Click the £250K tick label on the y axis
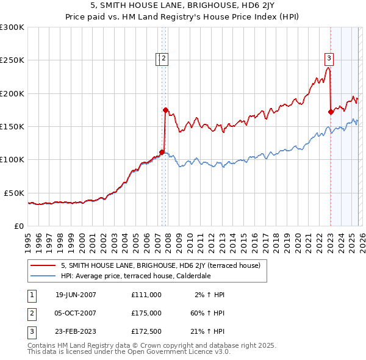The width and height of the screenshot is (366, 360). [12, 60]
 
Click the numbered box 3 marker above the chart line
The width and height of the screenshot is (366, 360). [329, 59]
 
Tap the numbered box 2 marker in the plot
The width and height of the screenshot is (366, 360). [165, 59]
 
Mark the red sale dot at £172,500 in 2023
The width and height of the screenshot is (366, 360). [331, 112]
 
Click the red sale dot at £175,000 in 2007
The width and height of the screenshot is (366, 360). [165, 110]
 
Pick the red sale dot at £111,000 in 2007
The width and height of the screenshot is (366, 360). [162, 153]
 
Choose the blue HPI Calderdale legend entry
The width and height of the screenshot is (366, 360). [135, 275]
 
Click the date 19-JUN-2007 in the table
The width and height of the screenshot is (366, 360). [76, 295]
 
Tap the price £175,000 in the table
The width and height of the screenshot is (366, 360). [146, 313]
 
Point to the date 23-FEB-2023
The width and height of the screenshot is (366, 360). [76, 333]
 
